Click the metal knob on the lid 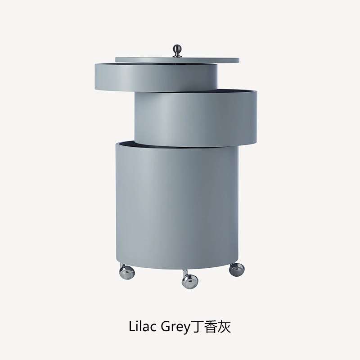[177, 50]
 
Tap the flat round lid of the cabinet [177, 60]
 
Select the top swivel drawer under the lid [156, 77]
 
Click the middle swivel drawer [196, 119]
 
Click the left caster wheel [127, 271]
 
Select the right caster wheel [237, 270]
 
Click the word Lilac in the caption [143, 326]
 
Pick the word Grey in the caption [175, 327]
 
